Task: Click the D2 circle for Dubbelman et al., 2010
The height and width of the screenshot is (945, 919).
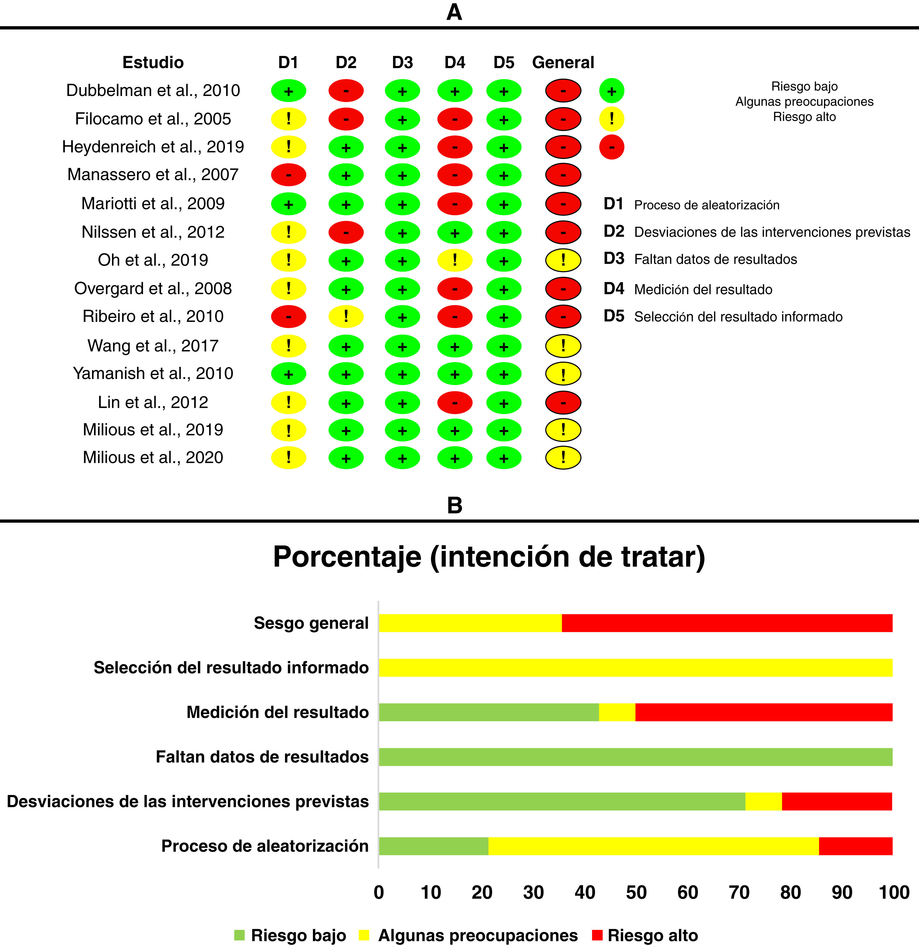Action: tap(346, 91)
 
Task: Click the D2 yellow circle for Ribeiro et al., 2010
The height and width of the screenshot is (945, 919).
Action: tap(346, 317)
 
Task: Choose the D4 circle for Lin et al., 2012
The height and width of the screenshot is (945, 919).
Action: tap(455, 402)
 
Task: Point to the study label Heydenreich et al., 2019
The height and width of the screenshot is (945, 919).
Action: tap(153, 147)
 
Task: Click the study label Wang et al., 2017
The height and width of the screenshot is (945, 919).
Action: tap(153, 346)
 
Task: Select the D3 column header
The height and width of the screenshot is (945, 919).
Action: tap(402, 62)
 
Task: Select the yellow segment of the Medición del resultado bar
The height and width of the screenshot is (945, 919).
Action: tap(617, 712)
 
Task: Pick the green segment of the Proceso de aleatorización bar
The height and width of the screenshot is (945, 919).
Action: tap(433, 846)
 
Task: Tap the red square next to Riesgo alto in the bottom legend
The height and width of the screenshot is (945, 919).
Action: tap(597, 935)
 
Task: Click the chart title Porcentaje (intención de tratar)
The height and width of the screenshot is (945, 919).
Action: tap(489, 557)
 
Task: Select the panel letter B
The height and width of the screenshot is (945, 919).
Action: tap(455, 506)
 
